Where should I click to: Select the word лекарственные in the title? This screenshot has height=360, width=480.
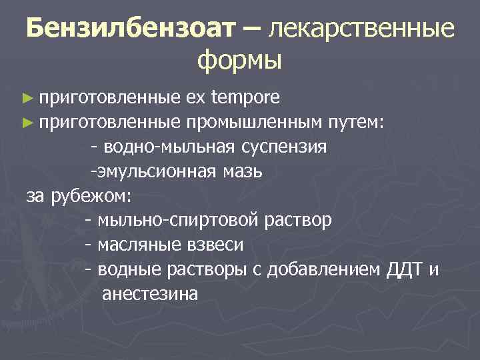pos(361,29)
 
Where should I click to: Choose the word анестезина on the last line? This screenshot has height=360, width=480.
pos(150,294)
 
